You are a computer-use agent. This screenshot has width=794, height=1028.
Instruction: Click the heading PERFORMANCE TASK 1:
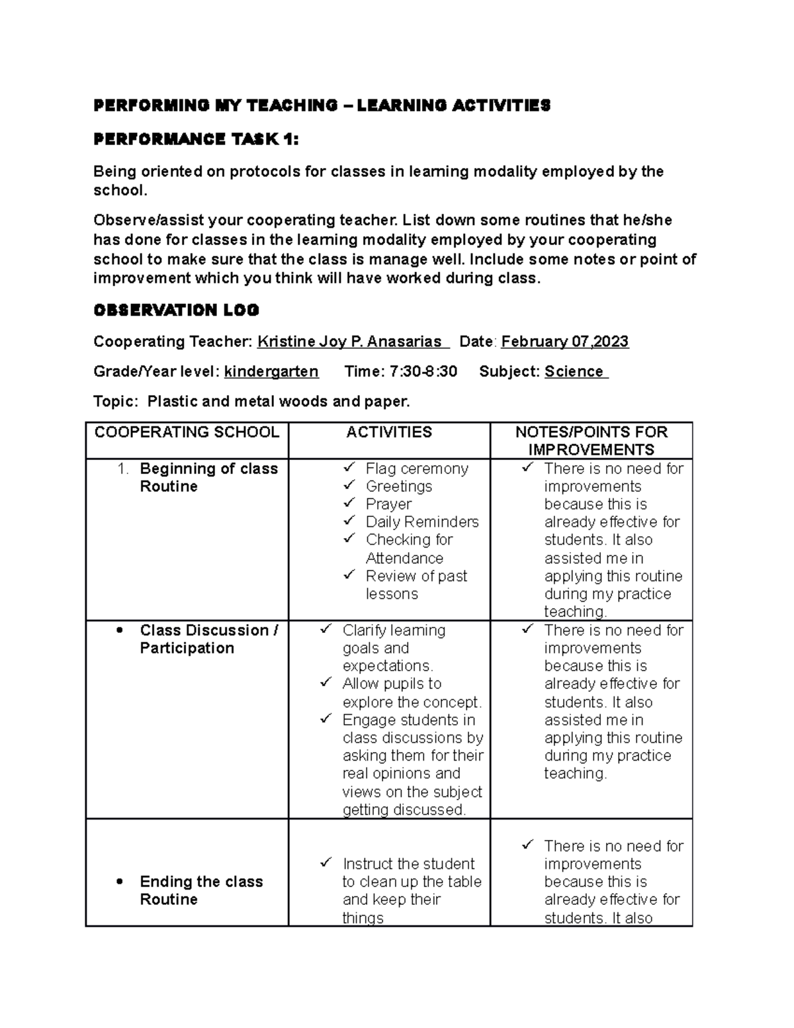point(196,139)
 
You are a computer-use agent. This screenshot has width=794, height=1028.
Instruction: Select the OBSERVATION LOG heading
point(176,310)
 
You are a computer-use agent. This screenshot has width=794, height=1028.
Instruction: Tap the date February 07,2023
point(564,342)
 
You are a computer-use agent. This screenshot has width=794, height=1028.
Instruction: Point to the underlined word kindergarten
point(271,371)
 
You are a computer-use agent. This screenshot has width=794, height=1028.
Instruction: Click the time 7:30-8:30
point(423,371)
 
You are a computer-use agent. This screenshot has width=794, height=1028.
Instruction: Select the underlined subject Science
point(575,371)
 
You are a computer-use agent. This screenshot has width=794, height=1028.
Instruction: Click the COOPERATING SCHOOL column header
point(187,432)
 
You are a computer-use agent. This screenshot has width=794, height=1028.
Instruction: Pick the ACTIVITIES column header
point(389,432)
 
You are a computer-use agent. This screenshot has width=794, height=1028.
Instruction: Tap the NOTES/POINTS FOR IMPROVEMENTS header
point(591,441)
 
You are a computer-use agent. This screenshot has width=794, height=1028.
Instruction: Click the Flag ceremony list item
point(417,469)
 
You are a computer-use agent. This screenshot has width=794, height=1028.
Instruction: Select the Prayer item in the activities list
point(388,504)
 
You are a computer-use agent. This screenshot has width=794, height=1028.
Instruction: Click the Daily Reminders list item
point(422,522)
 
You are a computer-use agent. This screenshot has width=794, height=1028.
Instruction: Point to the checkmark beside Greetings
point(349,486)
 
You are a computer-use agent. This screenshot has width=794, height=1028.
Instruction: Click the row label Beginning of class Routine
point(208,477)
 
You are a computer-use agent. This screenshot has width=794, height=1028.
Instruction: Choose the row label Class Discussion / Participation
point(208,639)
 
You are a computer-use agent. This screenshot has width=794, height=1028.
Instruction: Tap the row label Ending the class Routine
point(201,890)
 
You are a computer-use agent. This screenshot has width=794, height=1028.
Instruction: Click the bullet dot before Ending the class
point(119,882)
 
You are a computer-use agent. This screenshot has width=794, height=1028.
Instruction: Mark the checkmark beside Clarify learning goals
point(326,630)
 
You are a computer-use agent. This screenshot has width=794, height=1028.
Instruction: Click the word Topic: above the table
point(116,401)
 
